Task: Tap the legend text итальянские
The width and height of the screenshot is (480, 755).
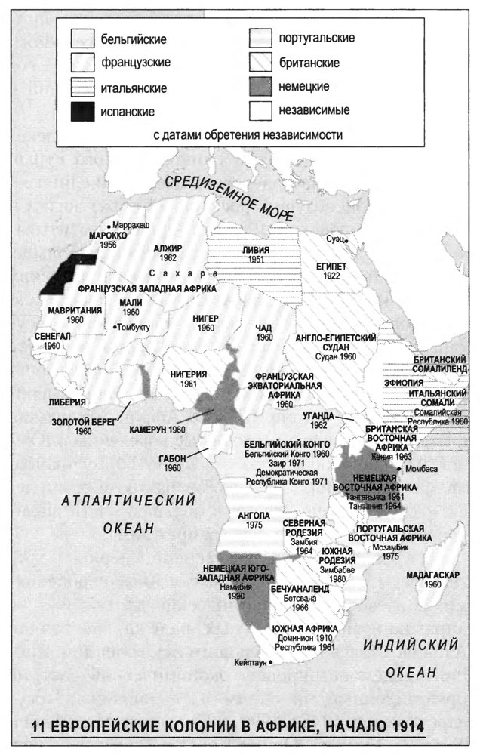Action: [x=134, y=88]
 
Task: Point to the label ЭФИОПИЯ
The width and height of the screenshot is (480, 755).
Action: [x=435, y=383]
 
